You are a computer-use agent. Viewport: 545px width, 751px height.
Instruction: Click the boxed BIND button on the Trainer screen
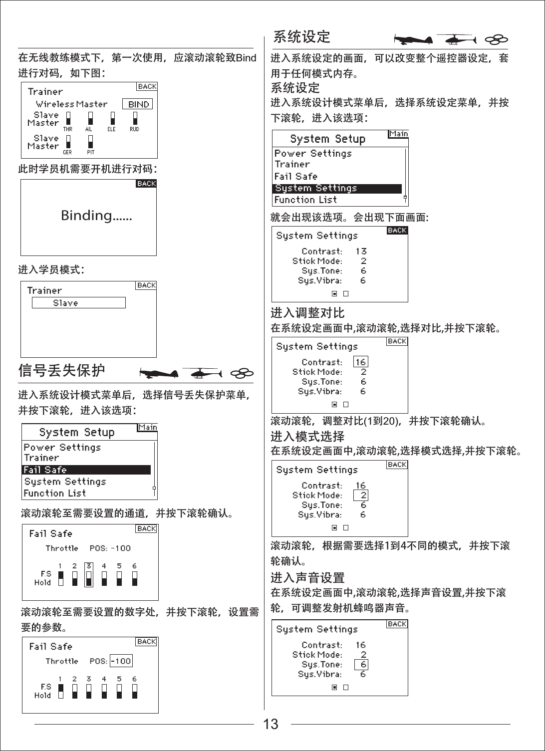[x=138, y=104]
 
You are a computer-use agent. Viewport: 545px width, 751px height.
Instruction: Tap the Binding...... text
[x=96, y=216]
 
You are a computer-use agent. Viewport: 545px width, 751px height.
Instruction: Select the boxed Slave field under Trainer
[x=78, y=303]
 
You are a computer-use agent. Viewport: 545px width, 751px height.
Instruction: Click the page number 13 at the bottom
[x=271, y=724]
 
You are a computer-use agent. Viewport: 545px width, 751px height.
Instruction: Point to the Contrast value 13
[x=361, y=251]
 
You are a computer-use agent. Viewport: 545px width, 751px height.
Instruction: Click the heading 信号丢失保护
[x=61, y=370]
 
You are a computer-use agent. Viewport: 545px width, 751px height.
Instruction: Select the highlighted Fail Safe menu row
[x=86, y=470]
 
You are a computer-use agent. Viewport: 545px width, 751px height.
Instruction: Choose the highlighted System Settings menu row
[x=337, y=188]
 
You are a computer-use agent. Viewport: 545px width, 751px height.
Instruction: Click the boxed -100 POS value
[x=121, y=661]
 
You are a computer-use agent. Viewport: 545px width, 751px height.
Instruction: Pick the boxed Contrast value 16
[x=360, y=362]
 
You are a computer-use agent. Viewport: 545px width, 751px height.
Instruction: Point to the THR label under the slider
[x=68, y=129]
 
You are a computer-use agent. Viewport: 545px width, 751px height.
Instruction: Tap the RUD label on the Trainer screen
[x=134, y=129]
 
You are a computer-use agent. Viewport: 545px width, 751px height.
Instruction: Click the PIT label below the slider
[x=90, y=153]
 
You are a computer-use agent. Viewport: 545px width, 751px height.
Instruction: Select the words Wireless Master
[x=71, y=104]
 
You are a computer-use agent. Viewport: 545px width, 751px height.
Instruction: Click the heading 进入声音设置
[x=307, y=578]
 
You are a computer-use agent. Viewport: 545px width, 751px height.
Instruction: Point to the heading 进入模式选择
[x=307, y=437]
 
